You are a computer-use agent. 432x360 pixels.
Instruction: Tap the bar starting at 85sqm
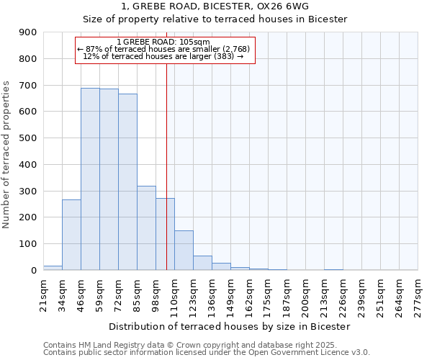[x=146, y=228]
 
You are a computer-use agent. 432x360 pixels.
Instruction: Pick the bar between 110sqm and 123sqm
[x=184, y=250]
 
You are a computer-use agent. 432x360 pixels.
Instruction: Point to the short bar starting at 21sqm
[x=53, y=268]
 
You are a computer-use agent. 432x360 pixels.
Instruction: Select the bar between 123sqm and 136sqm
[x=202, y=263]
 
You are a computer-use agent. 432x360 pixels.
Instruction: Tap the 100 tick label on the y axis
[x=27, y=244]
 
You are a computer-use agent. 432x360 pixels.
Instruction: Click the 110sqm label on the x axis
[x=175, y=292]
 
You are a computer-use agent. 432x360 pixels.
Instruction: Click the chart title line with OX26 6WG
[x=215, y=5]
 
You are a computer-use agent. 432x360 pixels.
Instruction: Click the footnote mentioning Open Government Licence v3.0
[x=207, y=353]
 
